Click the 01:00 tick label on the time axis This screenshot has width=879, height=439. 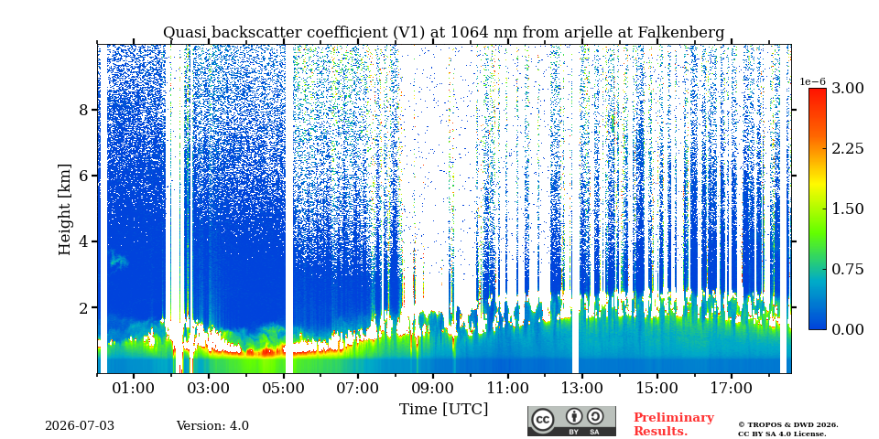(x=134, y=388)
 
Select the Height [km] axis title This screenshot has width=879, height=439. (x=66, y=209)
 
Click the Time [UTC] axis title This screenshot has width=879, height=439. (x=443, y=410)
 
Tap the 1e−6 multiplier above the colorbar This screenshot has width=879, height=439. (x=812, y=81)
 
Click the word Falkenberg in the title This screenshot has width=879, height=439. (x=681, y=33)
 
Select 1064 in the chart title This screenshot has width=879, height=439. (x=469, y=33)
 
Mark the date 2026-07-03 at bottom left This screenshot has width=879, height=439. (x=80, y=426)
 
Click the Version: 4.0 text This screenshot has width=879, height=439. (x=212, y=426)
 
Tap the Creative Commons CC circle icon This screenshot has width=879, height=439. (x=542, y=420)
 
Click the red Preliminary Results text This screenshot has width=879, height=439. (x=674, y=424)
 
